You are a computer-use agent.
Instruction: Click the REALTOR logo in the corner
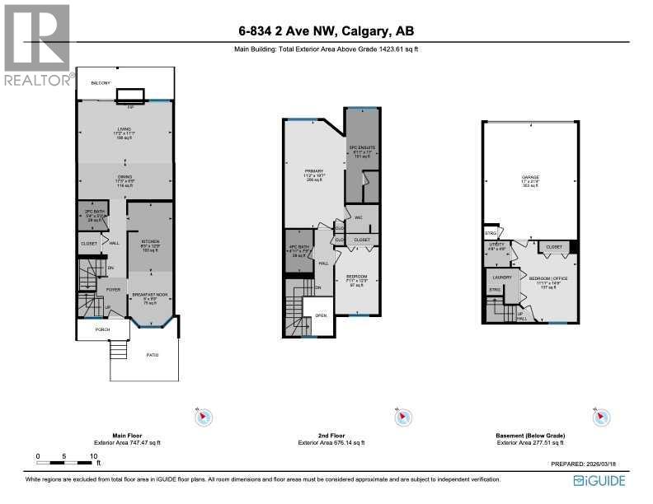tap(38, 45)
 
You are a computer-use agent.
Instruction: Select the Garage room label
tap(529, 177)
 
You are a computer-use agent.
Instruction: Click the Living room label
tap(124, 129)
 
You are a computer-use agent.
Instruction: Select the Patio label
tap(144, 354)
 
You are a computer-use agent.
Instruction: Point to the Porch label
tap(92, 329)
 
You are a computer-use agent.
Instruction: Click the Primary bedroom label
tap(314, 171)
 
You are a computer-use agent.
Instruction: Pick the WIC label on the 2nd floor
tap(359, 217)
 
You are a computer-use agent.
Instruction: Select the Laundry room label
tap(501, 277)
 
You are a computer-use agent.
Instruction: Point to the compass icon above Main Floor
tap(202, 418)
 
